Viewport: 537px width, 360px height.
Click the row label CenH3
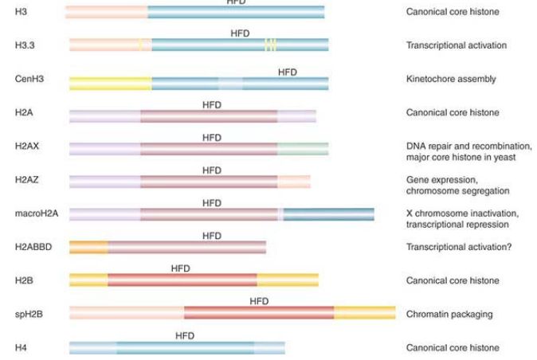coord(29,79)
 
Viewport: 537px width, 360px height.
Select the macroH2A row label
coord(37,213)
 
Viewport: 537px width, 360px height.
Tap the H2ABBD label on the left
coord(33,247)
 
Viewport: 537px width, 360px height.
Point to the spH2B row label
coord(29,314)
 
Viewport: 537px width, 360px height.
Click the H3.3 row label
coord(25,45)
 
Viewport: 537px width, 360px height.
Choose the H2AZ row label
coord(27,180)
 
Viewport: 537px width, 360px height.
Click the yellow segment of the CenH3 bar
coord(111,84)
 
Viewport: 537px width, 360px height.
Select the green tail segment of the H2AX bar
coord(303,149)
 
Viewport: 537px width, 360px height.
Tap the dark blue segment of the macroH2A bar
coord(329,214)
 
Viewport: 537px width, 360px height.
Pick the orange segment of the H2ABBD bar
coord(88,248)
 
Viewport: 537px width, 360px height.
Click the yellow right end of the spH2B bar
coord(365,313)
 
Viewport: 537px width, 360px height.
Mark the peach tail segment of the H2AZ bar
coord(294,182)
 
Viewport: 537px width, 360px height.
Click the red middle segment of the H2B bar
coord(182,280)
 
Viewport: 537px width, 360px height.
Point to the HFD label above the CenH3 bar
coord(288,72)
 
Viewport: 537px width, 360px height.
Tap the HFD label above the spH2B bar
coord(259,301)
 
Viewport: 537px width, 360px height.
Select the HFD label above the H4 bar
coord(185,335)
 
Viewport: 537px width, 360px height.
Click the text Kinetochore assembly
coord(451,79)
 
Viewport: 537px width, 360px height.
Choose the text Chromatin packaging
coord(449,314)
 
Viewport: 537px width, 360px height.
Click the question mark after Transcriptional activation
coord(509,247)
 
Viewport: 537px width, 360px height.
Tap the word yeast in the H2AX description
coord(504,158)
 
